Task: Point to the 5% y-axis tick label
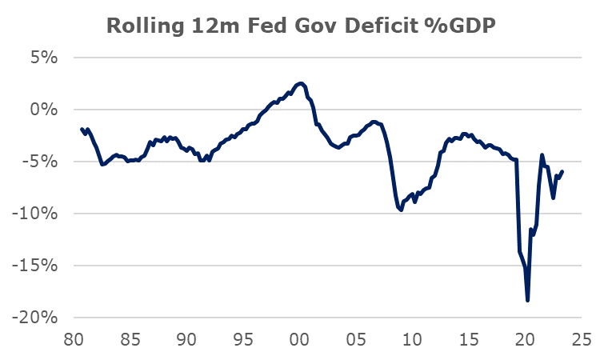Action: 46,58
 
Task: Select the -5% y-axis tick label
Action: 43,162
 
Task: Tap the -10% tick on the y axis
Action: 38,214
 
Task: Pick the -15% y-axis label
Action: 38,266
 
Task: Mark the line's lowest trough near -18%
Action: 528,301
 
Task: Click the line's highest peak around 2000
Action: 300,82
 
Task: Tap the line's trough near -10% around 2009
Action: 401,210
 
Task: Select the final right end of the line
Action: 562,171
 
